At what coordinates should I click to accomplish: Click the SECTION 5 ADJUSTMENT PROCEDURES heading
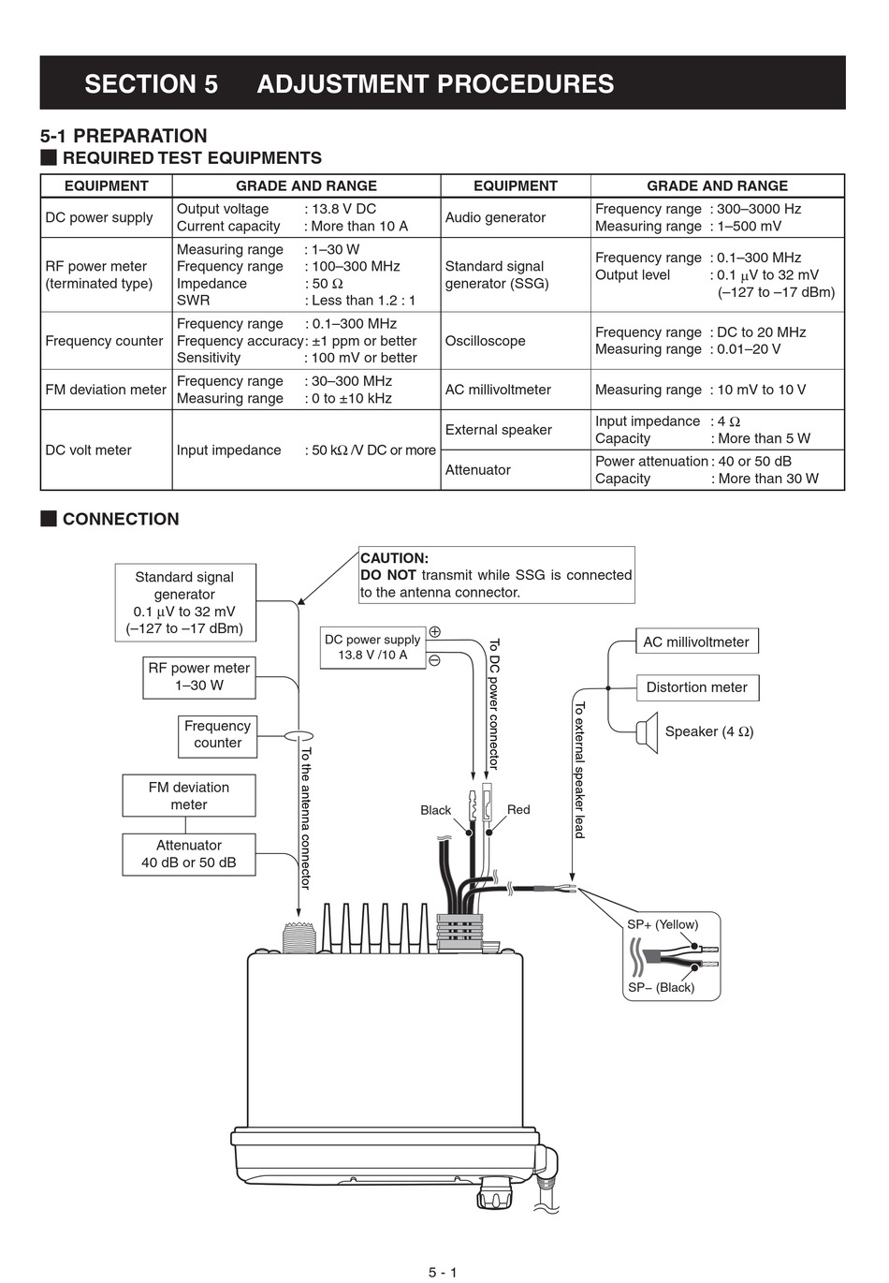(349, 84)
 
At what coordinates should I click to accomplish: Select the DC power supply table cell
(99, 217)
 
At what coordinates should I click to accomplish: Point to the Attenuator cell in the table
(477, 470)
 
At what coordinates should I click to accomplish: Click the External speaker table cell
(498, 430)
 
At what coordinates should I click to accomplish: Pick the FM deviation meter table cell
(106, 390)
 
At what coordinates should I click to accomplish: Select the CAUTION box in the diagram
(496, 575)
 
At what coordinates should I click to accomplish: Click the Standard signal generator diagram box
(184, 602)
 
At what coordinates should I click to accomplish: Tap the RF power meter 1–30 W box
(198, 676)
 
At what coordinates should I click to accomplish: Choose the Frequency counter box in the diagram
(217, 734)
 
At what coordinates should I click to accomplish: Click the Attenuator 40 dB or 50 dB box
(188, 854)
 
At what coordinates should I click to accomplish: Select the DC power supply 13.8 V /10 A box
(372, 647)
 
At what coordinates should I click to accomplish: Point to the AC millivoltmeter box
(696, 642)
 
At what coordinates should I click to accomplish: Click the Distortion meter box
(696, 687)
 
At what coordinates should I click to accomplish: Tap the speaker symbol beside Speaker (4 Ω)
(646, 731)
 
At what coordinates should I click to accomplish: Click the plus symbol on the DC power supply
(435, 632)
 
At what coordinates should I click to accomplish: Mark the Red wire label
(518, 810)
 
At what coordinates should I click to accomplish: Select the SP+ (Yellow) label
(663, 924)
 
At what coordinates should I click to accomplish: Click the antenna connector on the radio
(298, 935)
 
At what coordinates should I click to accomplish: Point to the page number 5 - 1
(443, 1272)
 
